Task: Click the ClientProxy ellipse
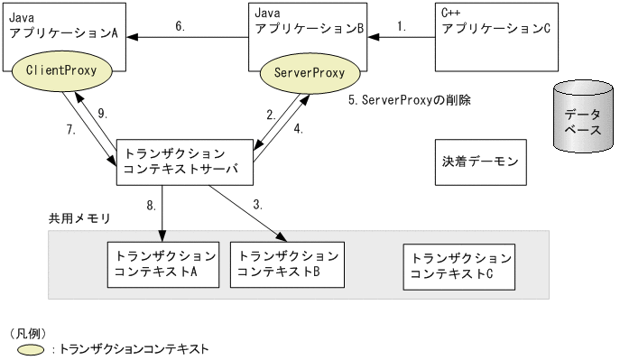pyautogui.click(x=62, y=69)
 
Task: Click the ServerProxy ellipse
pyautogui.click(x=309, y=71)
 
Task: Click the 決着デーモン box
pyautogui.click(x=480, y=162)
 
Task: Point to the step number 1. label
pyautogui.click(x=402, y=27)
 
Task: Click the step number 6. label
pyautogui.click(x=180, y=27)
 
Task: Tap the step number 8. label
pyautogui.click(x=152, y=206)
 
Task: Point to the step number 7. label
pyautogui.click(x=70, y=129)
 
